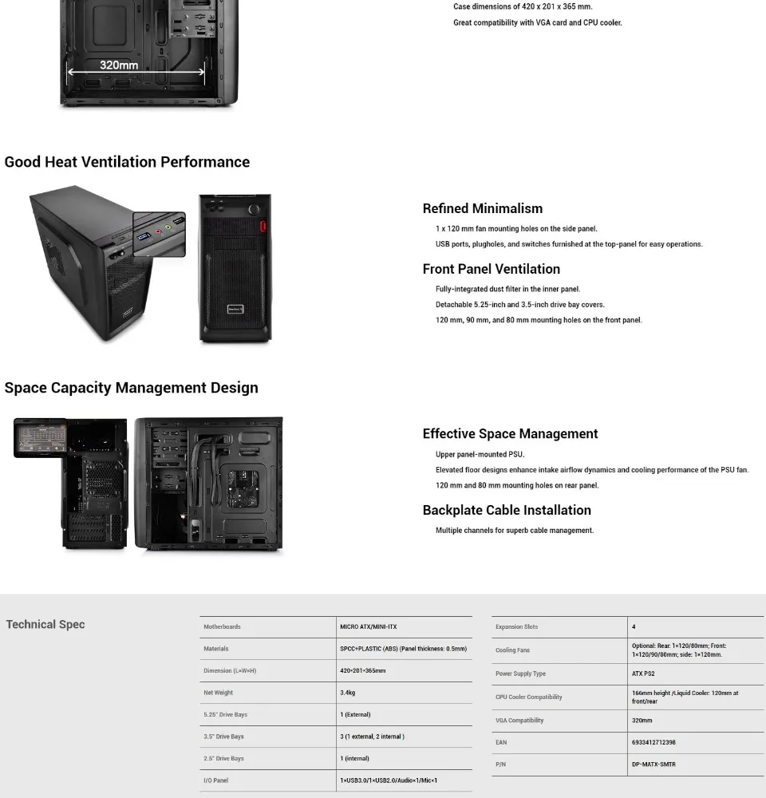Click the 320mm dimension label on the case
[x=119, y=65]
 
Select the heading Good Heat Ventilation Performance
[x=127, y=162]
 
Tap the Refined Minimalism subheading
[x=482, y=208]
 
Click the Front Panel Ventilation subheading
[x=491, y=269]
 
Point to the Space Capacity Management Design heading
[x=131, y=388]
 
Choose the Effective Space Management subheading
[x=510, y=434]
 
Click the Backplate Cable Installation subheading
[x=507, y=510]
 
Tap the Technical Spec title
[x=45, y=625]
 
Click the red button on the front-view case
[x=262, y=226]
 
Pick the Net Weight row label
[x=218, y=693]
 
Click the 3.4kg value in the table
[x=348, y=693]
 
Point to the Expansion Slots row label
[x=516, y=627]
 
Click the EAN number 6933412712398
[x=653, y=742]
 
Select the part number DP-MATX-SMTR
[x=653, y=764]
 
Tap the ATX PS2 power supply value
[x=643, y=674]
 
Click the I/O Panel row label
[x=215, y=780]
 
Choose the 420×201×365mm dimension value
[x=362, y=671]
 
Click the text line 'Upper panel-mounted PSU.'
[x=480, y=455]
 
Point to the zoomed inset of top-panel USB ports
[x=159, y=233]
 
